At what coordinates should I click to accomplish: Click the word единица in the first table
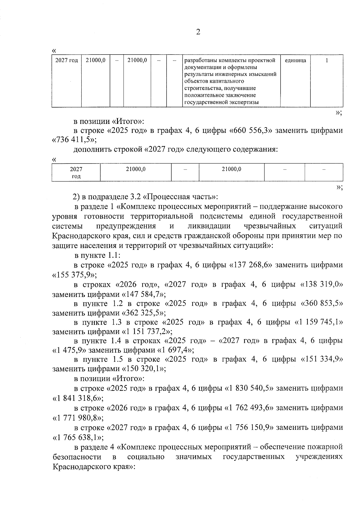coord(295,61)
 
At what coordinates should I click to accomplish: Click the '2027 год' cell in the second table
coord(76,172)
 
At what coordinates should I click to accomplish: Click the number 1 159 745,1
coord(319,322)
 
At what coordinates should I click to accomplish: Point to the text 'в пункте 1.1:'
coord(97,256)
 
